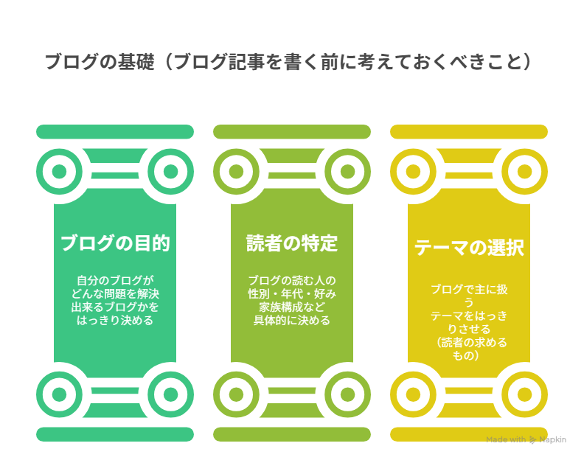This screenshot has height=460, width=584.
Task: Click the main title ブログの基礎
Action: [x=100, y=62]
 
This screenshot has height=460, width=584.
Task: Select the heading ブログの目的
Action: [x=115, y=243]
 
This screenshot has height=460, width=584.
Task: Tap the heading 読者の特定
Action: [x=292, y=243]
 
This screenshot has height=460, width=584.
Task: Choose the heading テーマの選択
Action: [x=469, y=248]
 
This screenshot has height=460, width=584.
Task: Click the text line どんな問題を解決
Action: [x=115, y=294]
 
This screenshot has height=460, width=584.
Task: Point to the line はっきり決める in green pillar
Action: [x=115, y=321]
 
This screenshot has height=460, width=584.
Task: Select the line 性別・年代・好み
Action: [x=292, y=294]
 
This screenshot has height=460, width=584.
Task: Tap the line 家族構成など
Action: [x=292, y=307]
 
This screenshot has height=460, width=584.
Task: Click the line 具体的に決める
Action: [x=292, y=321]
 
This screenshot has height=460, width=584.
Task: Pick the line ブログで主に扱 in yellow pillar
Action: [x=469, y=290]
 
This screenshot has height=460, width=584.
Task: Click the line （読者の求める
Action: [x=471, y=342]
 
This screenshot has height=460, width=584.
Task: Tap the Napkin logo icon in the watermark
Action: [x=533, y=440]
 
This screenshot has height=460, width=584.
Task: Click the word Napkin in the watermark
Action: [x=553, y=440]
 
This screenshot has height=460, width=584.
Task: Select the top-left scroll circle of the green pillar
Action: [x=59, y=171]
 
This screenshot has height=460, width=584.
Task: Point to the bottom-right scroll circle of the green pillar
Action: [x=170, y=394]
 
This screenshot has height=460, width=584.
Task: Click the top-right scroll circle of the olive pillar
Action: [x=347, y=171]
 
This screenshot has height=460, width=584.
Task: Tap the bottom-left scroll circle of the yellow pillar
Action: [x=413, y=394]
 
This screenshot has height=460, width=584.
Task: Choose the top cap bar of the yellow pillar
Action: [x=469, y=132]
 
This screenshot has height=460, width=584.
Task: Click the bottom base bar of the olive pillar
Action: [x=292, y=434]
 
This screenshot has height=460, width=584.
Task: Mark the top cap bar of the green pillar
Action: [x=115, y=132]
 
